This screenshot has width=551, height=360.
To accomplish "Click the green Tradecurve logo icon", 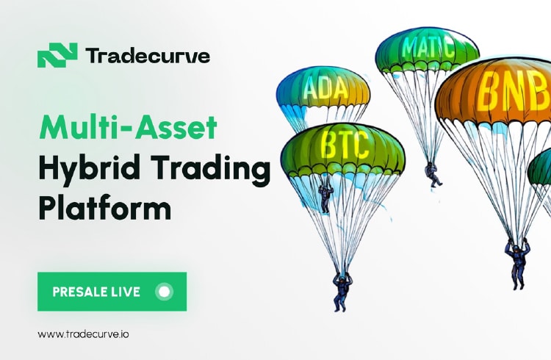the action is click(x=57, y=55).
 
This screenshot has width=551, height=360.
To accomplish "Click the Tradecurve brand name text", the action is click(x=148, y=56).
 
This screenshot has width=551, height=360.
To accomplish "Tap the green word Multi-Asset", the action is click(x=129, y=127).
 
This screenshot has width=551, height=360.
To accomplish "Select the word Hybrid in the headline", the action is click(x=90, y=168).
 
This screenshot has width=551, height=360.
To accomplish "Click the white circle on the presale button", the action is click(x=164, y=292).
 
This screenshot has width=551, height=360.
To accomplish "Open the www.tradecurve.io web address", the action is click(x=83, y=334).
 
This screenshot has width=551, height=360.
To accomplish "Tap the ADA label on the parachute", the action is click(x=325, y=88).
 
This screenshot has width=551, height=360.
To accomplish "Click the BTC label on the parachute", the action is click(x=345, y=145).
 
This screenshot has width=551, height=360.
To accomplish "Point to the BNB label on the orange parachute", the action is click(x=513, y=92).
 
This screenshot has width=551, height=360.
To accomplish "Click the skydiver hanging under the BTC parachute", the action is click(x=342, y=292).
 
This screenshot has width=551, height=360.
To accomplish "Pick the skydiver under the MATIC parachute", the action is click(x=433, y=174).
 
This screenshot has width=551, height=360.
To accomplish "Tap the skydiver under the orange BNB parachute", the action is click(x=517, y=263).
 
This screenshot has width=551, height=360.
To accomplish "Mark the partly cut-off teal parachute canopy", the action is click(x=540, y=167).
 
